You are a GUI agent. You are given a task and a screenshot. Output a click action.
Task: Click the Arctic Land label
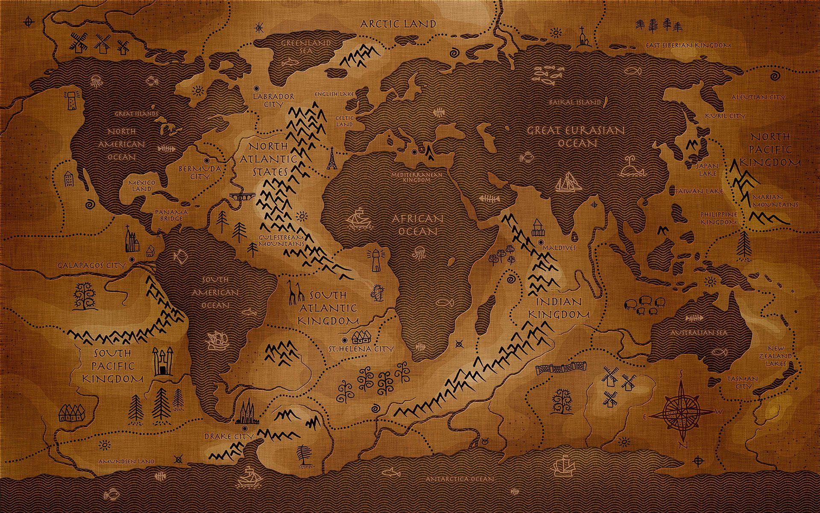pos(398,24)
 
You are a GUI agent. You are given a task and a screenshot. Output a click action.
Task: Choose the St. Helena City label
pos(360,349)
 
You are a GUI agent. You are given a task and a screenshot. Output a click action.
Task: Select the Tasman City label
pos(741,382)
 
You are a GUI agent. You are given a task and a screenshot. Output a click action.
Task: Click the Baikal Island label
pos(576,103)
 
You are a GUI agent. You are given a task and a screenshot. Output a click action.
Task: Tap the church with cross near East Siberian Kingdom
pos(582,37)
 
